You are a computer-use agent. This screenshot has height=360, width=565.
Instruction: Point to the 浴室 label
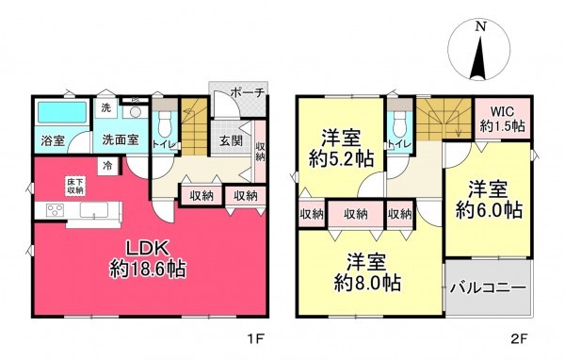[53, 140]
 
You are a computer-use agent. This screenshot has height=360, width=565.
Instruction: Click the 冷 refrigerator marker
[108, 167]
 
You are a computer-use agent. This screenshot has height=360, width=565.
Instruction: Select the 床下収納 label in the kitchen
[75, 186]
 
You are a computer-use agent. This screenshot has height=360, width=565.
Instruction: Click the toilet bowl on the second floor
[400, 123]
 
